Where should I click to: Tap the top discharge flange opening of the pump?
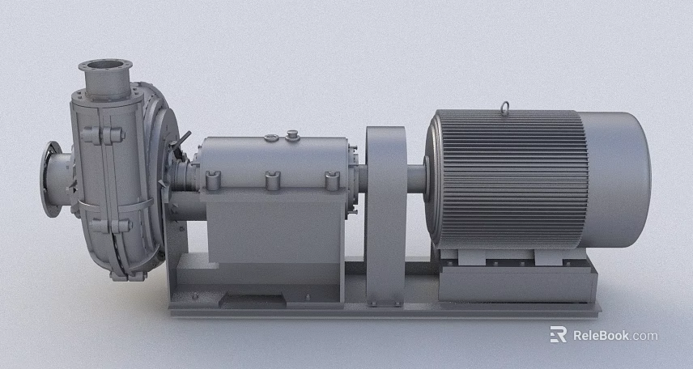point(105,64)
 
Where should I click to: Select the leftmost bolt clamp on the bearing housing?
point(214,179)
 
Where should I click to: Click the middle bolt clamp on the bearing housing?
point(272,179)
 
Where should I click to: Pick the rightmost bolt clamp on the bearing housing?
point(331,180)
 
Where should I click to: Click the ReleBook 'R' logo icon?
point(558,334)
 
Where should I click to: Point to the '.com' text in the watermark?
point(645,335)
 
